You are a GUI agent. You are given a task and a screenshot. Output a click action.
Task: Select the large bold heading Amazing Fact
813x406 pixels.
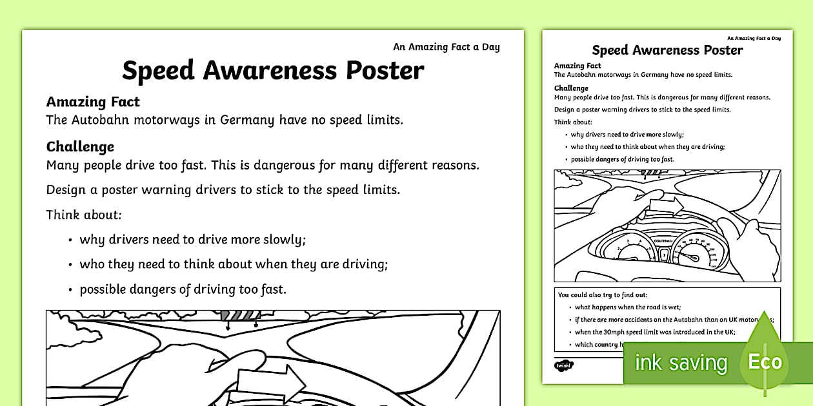point(93,102)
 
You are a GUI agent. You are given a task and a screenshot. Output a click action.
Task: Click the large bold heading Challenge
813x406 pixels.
point(80,146)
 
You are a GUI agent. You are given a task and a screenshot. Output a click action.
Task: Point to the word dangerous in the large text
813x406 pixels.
point(286,165)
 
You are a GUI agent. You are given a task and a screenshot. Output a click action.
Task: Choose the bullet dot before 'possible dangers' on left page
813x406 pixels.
point(69,290)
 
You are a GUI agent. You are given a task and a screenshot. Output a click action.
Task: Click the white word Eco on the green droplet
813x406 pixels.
point(765,361)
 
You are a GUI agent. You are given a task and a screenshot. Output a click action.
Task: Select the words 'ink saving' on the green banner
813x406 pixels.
point(681,363)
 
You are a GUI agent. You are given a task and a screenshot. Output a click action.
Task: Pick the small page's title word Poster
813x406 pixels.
point(720,50)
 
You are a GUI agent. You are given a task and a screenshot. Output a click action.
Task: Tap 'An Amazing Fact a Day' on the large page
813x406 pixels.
point(446,46)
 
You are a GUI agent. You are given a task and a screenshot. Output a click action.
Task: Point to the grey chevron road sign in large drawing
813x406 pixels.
point(239,316)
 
